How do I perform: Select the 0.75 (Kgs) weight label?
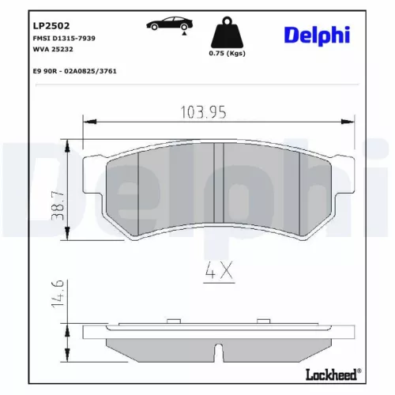[x=226, y=53]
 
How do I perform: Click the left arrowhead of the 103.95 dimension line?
[x=89, y=122]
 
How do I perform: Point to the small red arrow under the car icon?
[x=184, y=32]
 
